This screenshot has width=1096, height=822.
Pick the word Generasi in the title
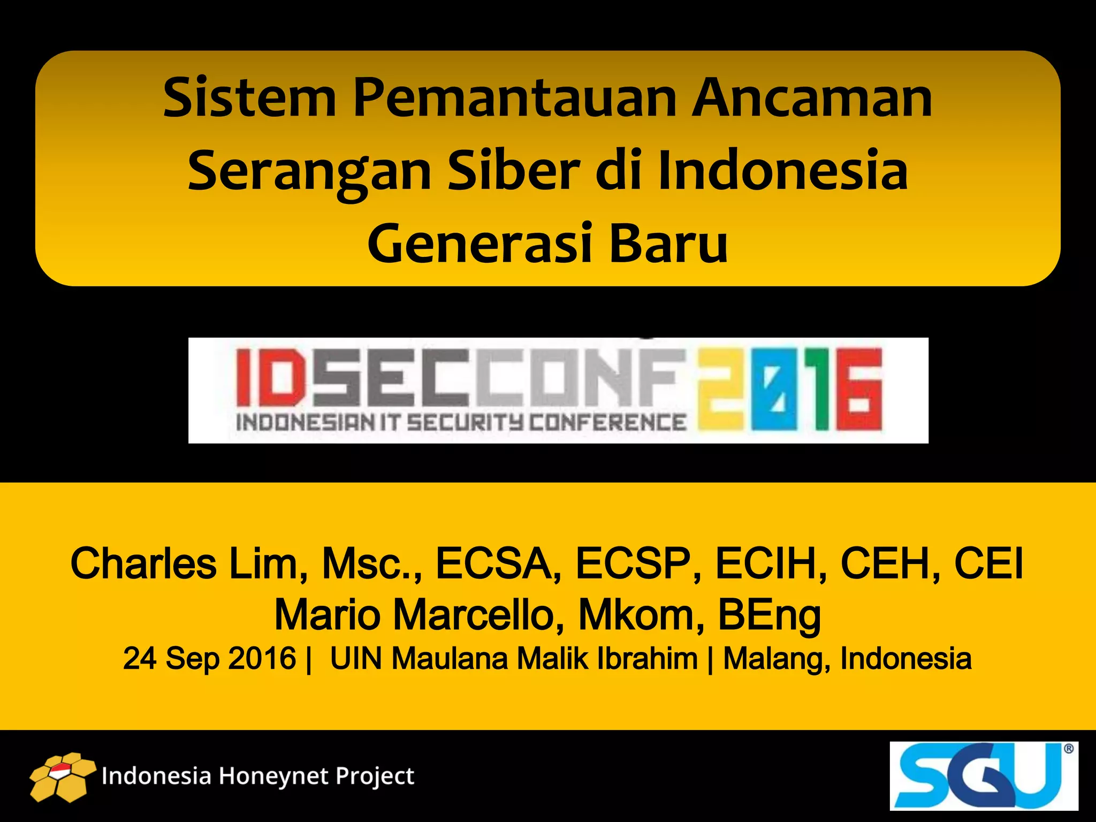[480, 243]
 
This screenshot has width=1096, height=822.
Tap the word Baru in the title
[669, 243]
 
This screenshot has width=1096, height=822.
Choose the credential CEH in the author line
[890, 564]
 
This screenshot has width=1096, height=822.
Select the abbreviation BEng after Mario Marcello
[769, 615]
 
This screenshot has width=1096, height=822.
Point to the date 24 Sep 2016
[209, 658]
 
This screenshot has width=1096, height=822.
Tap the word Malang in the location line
[777, 658]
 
